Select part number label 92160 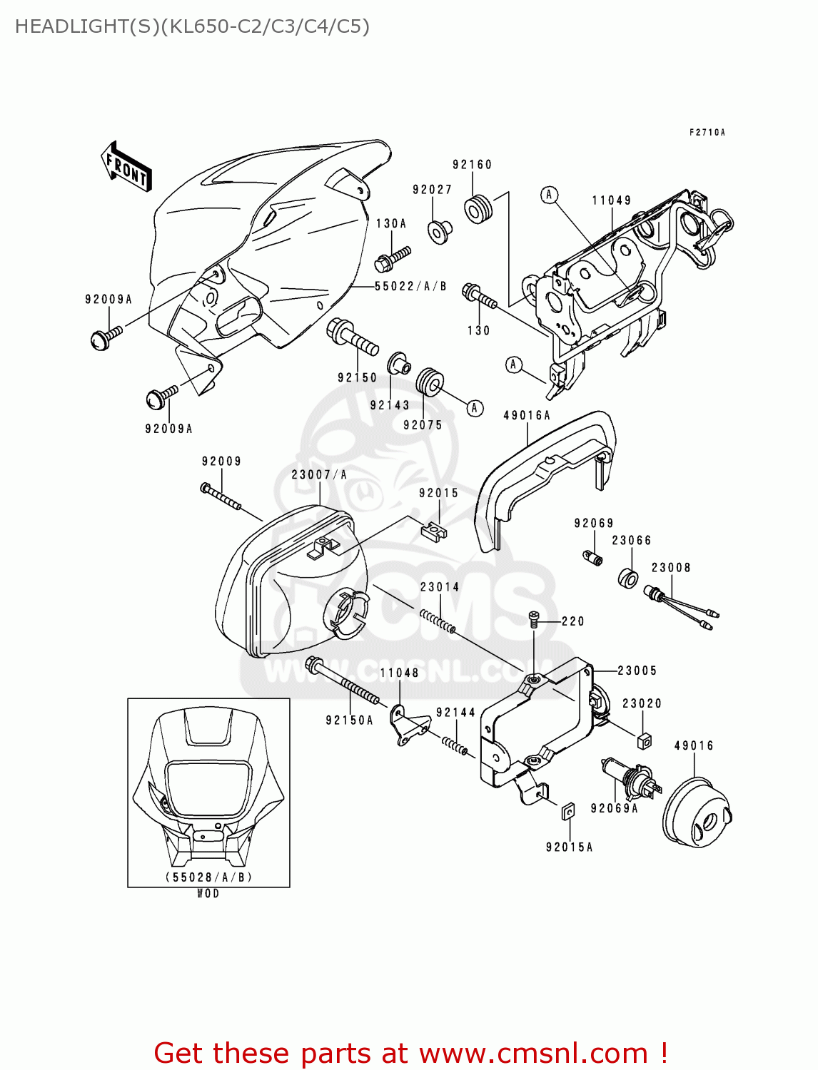pyautogui.click(x=472, y=165)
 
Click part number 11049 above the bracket pyautogui.click(x=612, y=200)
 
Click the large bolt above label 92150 pyautogui.click(x=352, y=337)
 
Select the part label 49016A pyautogui.click(x=527, y=415)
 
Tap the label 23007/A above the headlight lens pyautogui.click(x=319, y=474)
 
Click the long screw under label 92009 pyautogui.click(x=221, y=497)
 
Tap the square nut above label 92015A pyautogui.click(x=568, y=810)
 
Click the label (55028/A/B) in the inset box pyautogui.click(x=208, y=877)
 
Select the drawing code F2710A pyautogui.click(x=707, y=133)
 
